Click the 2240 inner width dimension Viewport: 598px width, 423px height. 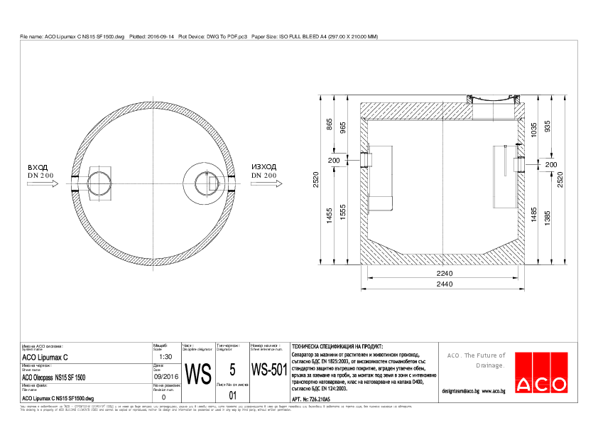pos(443,274)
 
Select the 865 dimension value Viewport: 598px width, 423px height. pos(329,123)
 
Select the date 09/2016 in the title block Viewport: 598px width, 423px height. pos(165,378)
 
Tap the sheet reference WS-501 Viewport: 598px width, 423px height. pos(268,370)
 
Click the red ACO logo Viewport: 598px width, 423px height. pos(542,373)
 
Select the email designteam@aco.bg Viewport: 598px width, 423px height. pos(460,391)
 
